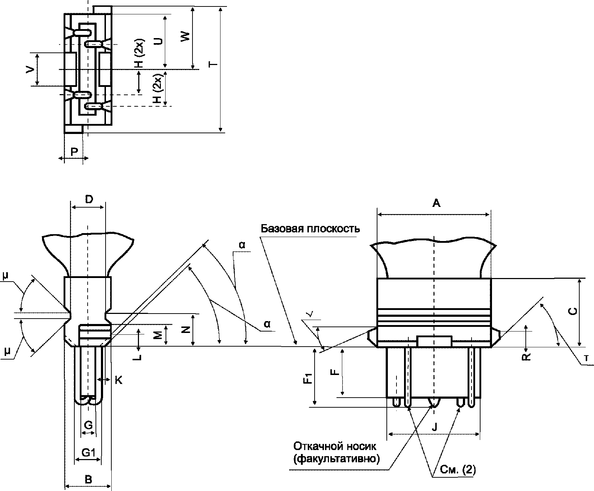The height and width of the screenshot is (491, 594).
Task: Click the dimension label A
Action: [436, 203]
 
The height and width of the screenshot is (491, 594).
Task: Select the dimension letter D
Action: [89, 199]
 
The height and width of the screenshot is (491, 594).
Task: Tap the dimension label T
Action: [213, 65]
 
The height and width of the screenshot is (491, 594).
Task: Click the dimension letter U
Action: [158, 41]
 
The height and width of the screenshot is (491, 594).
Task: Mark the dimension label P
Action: [74, 152]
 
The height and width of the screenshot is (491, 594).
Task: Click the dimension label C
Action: [574, 311]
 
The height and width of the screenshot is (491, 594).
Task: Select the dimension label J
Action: [434, 427]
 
